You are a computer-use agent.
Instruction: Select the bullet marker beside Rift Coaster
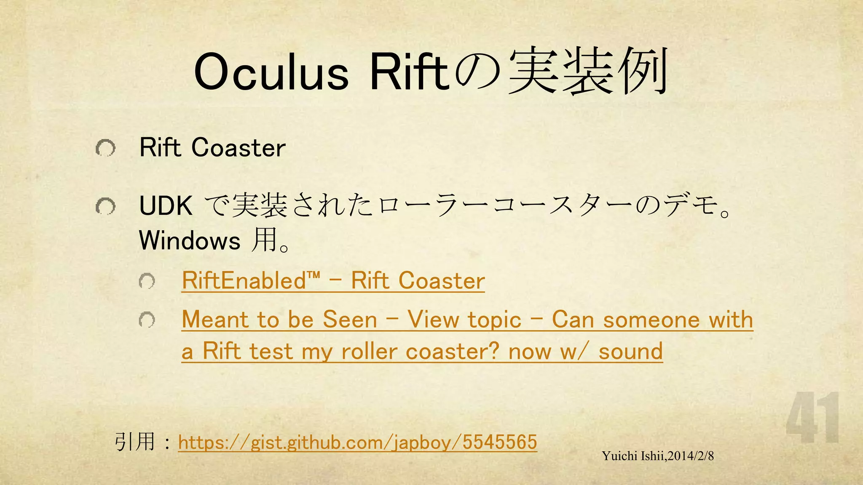[x=105, y=148]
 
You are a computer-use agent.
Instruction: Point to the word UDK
[x=166, y=206]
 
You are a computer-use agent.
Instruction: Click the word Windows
[x=190, y=240]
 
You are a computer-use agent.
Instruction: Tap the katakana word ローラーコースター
[x=506, y=206]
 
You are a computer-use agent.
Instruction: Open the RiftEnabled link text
[x=333, y=281]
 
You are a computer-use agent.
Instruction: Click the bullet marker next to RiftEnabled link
[x=147, y=281]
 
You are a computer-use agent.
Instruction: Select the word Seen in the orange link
[x=350, y=320]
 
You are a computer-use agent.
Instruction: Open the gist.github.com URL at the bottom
[x=357, y=442]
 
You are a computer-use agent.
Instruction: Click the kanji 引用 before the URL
[x=134, y=442]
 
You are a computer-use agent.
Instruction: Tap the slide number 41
[x=812, y=418]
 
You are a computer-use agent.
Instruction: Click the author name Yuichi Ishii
[x=633, y=456]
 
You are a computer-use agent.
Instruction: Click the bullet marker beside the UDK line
[x=105, y=206]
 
